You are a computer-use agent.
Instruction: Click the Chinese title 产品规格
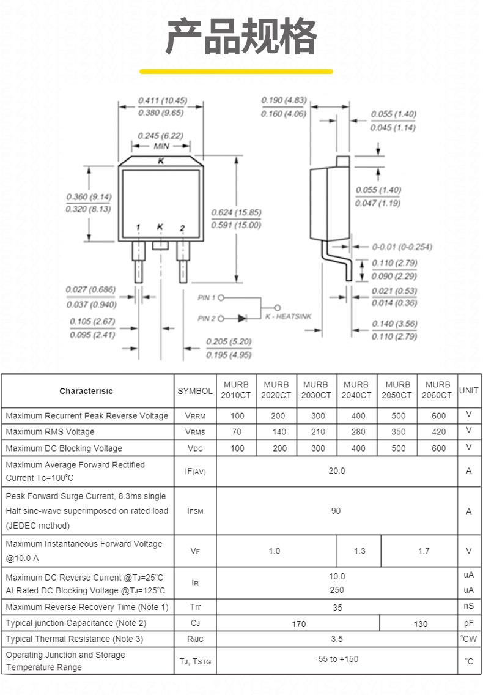pyautogui.click(x=242, y=36)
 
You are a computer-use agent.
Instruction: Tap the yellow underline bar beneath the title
pyautogui.click(x=236, y=72)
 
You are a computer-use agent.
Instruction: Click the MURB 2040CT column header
pyautogui.click(x=356, y=390)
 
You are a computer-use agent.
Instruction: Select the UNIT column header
pyautogui.click(x=468, y=390)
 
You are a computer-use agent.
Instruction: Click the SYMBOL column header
pyautogui.click(x=195, y=391)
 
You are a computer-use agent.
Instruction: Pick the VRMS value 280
pyautogui.click(x=358, y=432)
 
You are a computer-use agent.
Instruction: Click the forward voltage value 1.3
pyautogui.click(x=359, y=551)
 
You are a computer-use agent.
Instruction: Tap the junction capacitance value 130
pyautogui.click(x=420, y=624)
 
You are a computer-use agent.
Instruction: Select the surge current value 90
pyautogui.click(x=336, y=511)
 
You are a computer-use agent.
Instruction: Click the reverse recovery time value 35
pyautogui.click(x=337, y=608)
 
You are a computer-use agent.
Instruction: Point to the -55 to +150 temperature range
pyautogui.click(x=337, y=659)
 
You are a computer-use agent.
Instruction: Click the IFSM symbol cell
pyautogui.click(x=195, y=511)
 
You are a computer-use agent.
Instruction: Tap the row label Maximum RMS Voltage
pyautogui.click(x=50, y=432)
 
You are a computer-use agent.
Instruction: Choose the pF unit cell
pyautogui.click(x=468, y=623)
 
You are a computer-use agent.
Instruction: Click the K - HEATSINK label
pyautogui.click(x=289, y=316)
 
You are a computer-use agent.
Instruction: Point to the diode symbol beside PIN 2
pyautogui.click(x=242, y=318)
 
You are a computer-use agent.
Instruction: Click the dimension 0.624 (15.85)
pyautogui.click(x=236, y=212)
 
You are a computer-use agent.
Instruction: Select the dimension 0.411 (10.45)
pyautogui.click(x=162, y=100)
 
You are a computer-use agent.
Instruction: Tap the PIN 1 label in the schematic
pyautogui.click(x=207, y=298)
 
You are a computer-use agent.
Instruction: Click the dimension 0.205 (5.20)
pyautogui.click(x=229, y=341)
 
